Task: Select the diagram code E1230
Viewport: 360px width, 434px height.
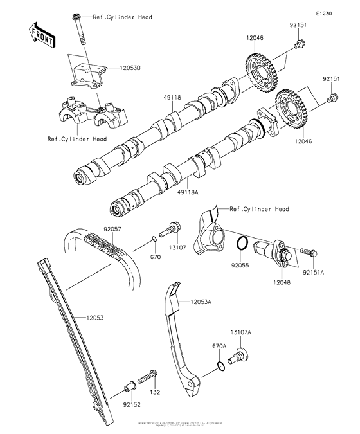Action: pos(323,13)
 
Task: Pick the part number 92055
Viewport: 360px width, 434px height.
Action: pos(241,264)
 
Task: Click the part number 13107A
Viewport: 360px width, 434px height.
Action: pos(242,332)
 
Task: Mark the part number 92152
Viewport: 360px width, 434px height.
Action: pos(131,405)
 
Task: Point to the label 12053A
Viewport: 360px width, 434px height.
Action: pos(201,300)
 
